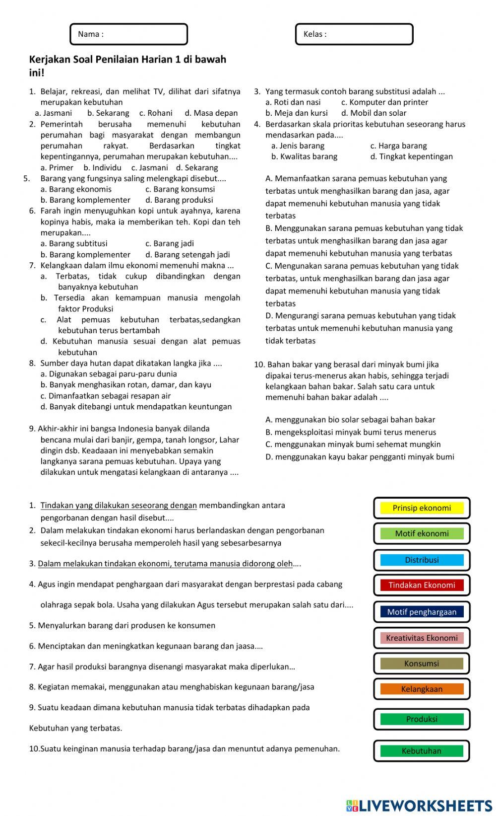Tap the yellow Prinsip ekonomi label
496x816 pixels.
pos(422,508)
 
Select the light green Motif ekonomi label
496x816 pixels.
pos(422,533)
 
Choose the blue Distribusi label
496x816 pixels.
pos(422,560)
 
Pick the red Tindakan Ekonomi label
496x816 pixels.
pos(422,585)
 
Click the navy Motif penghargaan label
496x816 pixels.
pos(422,612)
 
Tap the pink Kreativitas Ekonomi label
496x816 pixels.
pos(422,638)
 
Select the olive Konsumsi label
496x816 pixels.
pos(422,664)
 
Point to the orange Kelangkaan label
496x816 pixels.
pos(422,689)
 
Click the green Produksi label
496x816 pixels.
pos(422,719)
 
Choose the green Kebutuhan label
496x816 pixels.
pos(422,751)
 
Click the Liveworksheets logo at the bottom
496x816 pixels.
pos(419,806)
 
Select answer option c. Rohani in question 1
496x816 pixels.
pos(156,113)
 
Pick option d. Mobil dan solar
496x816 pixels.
pos(373,113)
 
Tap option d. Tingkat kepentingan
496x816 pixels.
pos(411,156)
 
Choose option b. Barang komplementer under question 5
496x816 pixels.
pos(85,200)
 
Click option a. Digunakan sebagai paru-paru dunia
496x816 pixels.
pos(109,374)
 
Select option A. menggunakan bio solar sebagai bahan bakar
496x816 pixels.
pos(350,420)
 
